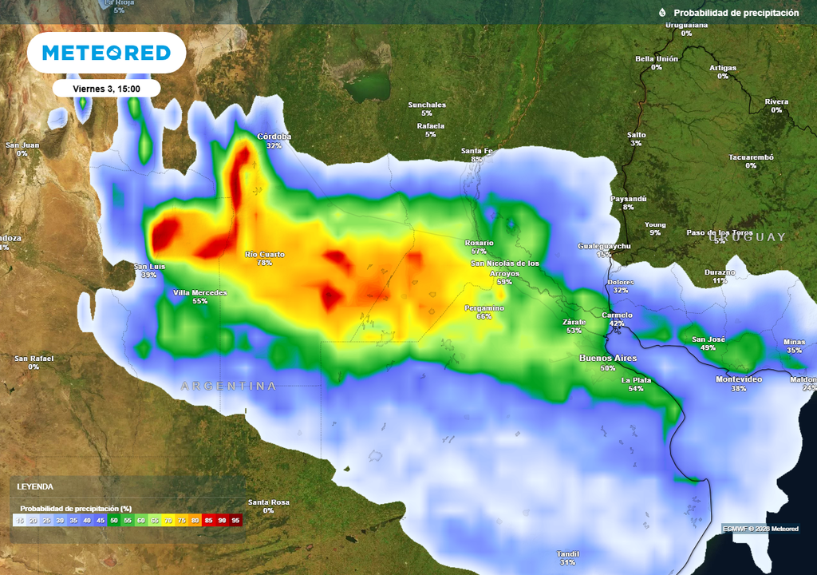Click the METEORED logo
[106, 53]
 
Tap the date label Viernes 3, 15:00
[106, 89]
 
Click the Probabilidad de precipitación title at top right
[736, 13]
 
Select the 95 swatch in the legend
[235, 520]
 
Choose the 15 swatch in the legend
[18, 520]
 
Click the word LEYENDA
[35, 486]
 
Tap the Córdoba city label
[274, 137]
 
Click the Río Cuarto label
[265, 255]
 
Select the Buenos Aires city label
[607, 359]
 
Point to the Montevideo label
[738, 379]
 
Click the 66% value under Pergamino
[484, 317]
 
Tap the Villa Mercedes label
[200, 293]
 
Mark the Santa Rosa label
[268, 502]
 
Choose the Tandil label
[568, 553]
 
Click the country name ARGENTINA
[228, 387]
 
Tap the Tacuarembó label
[751, 157]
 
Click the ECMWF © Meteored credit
[760, 529]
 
